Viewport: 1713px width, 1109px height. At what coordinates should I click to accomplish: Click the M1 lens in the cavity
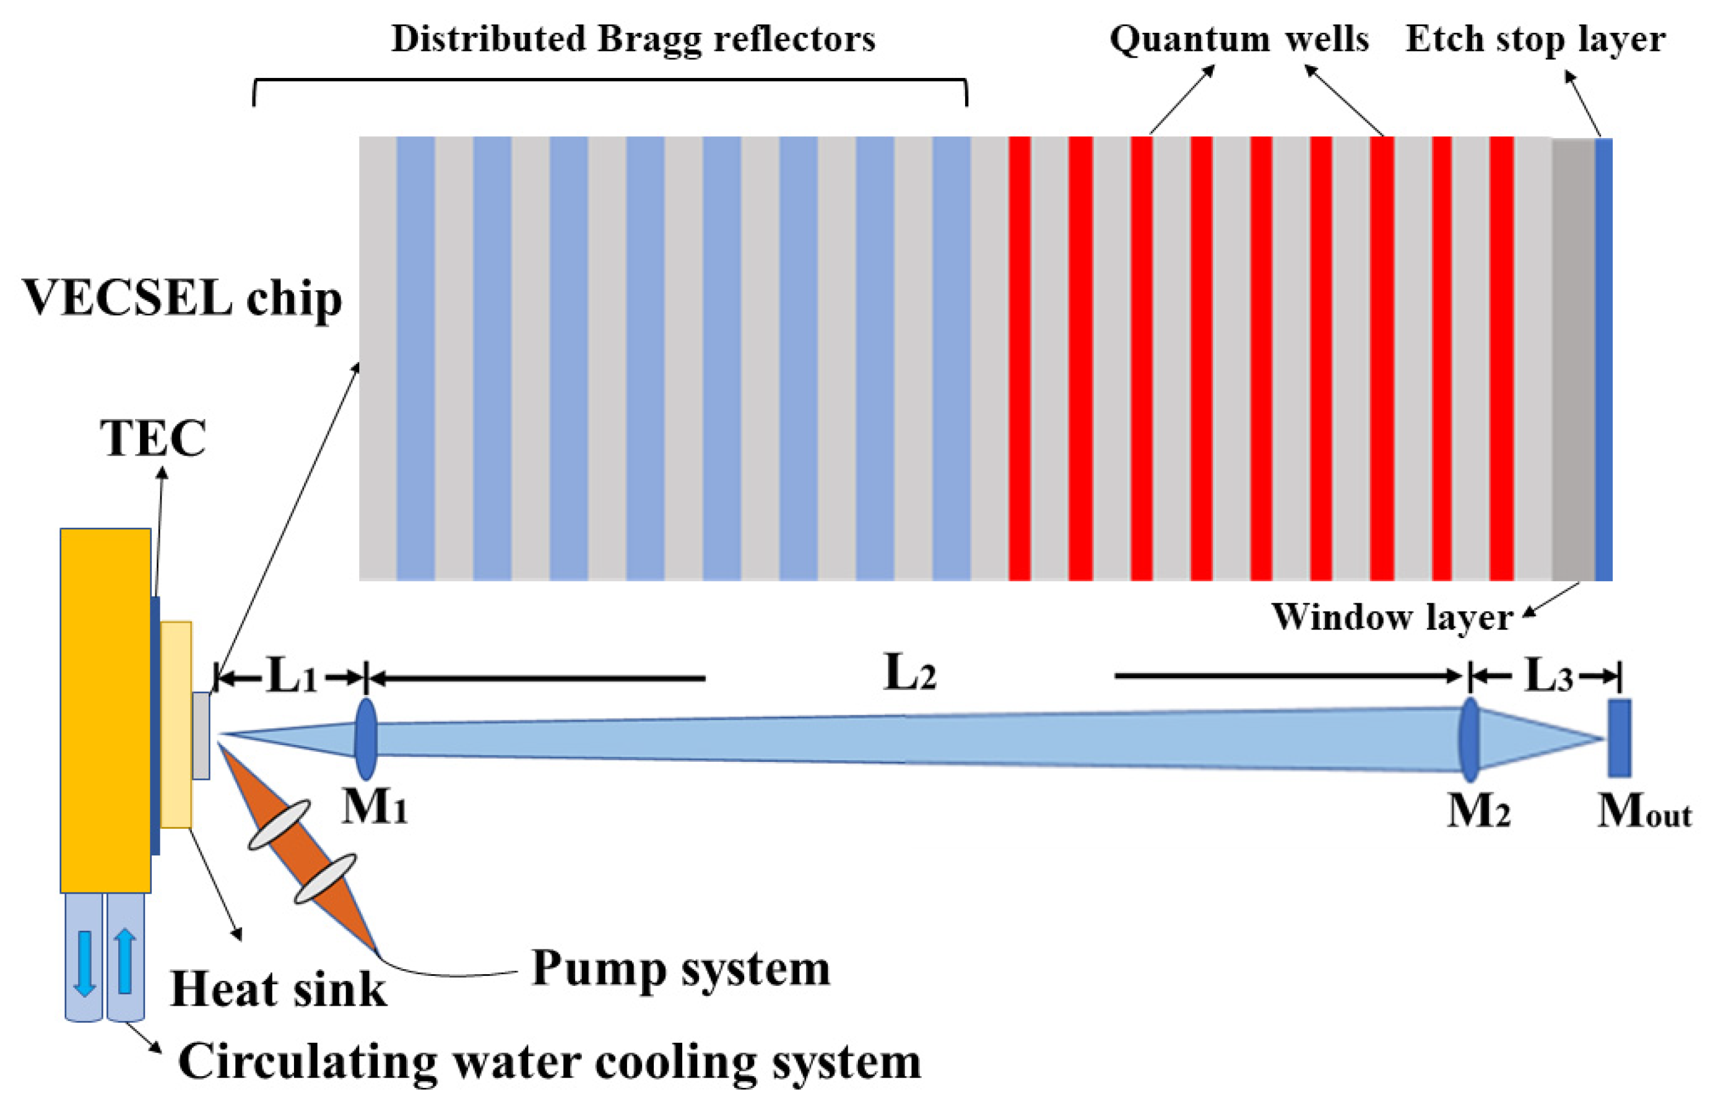click(x=366, y=739)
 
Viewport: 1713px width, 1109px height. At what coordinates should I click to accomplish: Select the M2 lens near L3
click(x=1469, y=740)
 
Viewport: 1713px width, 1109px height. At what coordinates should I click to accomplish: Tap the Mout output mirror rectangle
click(x=1620, y=738)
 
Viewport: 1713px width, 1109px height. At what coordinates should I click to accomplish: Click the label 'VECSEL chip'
click(x=181, y=297)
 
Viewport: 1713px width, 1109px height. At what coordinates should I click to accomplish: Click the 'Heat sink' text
click(x=279, y=990)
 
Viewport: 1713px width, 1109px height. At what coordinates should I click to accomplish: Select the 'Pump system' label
click(x=681, y=969)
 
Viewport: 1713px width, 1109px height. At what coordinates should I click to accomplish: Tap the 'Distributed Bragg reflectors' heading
click(x=633, y=39)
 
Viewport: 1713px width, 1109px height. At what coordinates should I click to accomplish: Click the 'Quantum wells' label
click(x=1239, y=39)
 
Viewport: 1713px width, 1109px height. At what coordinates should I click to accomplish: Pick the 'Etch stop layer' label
click(x=1535, y=39)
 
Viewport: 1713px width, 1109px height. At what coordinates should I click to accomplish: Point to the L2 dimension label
click(x=910, y=675)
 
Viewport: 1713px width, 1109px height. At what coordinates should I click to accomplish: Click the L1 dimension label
click(x=292, y=676)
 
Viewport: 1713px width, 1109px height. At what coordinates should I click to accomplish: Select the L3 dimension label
click(x=1548, y=676)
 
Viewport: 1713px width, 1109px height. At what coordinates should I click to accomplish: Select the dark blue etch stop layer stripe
click(x=1603, y=359)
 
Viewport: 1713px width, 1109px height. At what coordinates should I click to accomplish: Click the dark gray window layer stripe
click(x=1572, y=359)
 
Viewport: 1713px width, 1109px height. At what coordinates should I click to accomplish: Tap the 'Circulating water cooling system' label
click(x=549, y=1061)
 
